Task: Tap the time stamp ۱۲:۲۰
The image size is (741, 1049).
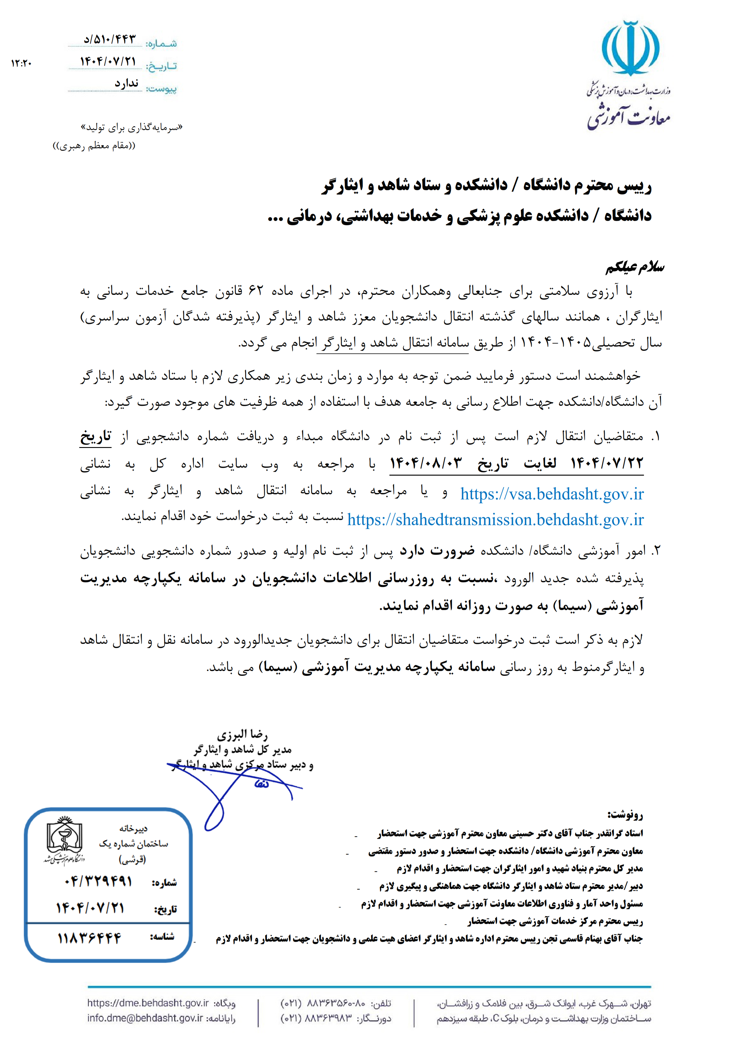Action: (22, 63)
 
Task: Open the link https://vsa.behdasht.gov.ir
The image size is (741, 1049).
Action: (551, 494)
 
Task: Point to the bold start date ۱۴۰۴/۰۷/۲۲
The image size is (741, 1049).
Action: (607, 463)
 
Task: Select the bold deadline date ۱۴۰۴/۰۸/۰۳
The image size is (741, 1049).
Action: (426, 463)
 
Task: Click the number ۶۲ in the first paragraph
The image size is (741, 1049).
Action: (256, 291)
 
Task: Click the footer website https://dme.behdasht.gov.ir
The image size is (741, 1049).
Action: (148, 1003)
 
